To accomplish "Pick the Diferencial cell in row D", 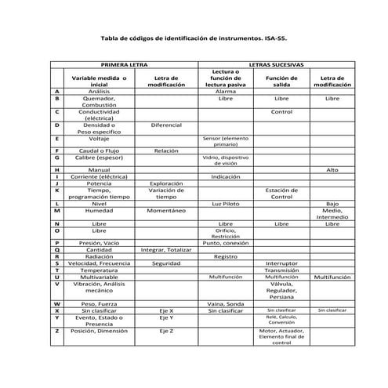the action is tap(166, 125).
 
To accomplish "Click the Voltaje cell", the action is tap(99, 138).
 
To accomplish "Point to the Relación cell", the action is tap(166, 150).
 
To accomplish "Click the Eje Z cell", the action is tap(166, 331).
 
